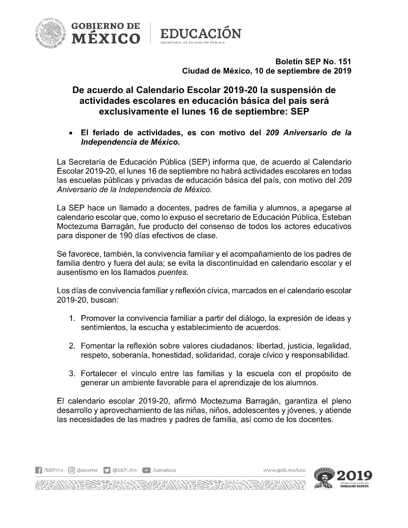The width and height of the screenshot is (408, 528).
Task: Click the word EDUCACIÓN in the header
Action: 200,33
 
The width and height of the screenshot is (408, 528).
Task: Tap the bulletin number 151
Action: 344,62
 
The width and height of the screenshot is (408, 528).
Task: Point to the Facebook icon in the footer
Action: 39,470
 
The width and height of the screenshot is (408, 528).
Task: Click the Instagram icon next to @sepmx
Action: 72,470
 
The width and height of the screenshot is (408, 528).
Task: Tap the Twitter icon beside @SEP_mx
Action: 107,470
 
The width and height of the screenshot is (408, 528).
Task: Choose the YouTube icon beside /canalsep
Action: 146,470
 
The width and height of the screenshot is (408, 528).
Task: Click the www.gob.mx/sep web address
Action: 284,470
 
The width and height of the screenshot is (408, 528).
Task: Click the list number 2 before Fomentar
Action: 72,346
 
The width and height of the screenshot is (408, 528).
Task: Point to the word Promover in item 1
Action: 98,318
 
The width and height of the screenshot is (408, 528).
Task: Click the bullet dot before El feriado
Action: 72,133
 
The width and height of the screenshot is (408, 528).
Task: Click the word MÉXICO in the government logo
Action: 106,39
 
